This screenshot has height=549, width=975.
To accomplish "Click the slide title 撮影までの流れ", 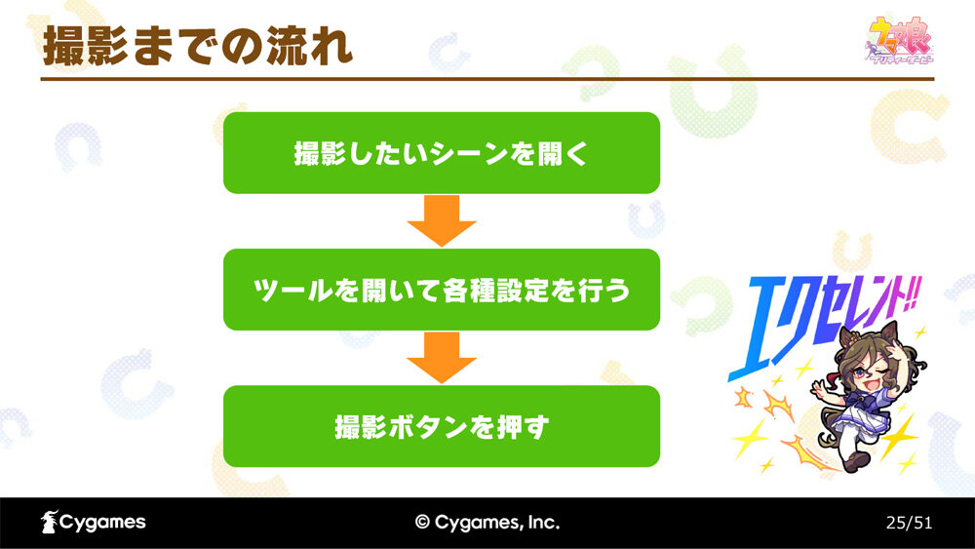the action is (x=198, y=46).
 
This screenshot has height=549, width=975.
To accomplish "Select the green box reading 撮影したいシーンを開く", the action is (x=442, y=153).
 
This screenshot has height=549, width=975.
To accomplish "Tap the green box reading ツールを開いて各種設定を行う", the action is (x=442, y=290).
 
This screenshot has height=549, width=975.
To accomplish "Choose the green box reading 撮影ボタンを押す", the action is (x=442, y=426).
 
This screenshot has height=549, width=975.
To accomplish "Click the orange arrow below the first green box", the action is (x=442, y=220).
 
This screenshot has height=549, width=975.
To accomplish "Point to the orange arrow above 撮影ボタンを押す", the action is (x=442, y=358).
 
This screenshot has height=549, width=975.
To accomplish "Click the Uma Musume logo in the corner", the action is (x=900, y=40).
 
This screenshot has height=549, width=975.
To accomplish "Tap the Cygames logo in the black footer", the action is (x=94, y=523).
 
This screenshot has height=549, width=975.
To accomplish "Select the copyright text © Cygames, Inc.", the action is (x=487, y=523).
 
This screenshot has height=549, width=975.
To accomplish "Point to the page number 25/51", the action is (x=909, y=523).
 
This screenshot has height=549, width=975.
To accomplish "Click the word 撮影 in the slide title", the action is (x=86, y=46).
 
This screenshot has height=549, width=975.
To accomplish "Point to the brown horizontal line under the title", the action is (x=487, y=79).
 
